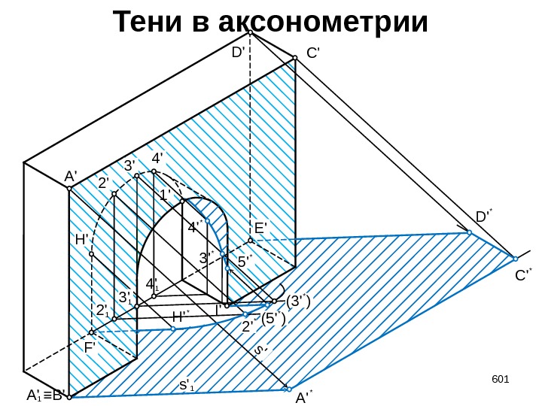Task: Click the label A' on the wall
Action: [x=71, y=176]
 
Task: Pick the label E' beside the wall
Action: [x=261, y=227]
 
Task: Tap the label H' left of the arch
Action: [x=82, y=240]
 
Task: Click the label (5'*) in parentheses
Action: [x=274, y=319]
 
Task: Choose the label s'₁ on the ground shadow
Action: [x=186, y=386]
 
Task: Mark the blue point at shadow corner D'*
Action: [x=469, y=233]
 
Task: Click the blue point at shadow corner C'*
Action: [x=515, y=259]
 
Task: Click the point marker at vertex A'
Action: [x=69, y=189]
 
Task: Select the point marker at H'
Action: [x=91, y=254]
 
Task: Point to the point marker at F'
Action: [x=92, y=332]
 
